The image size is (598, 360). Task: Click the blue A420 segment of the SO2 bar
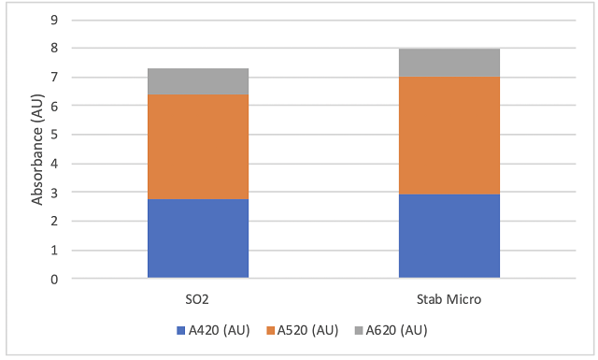click(198, 238)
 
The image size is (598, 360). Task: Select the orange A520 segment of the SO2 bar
click(198, 147)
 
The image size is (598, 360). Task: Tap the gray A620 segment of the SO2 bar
click(198, 81)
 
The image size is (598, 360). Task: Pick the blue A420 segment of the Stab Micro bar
click(449, 236)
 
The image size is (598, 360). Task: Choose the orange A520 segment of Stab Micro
click(449, 136)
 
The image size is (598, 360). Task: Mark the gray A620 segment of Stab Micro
click(449, 63)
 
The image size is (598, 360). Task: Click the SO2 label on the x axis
click(197, 299)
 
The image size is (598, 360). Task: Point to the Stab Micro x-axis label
click(448, 299)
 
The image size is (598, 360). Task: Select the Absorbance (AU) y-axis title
click(37, 150)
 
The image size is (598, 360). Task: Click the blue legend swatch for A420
click(180, 330)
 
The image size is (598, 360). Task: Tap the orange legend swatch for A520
click(270, 330)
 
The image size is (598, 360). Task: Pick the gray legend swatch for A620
click(359, 330)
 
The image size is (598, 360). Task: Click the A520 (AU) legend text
click(307, 330)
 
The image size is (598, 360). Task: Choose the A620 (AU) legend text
click(396, 330)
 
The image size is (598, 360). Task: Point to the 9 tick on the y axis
click(54, 20)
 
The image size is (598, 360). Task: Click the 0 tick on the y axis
click(54, 279)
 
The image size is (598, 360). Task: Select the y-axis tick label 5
click(54, 135)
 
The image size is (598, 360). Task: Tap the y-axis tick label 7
click(54, 77)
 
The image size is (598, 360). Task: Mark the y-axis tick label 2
click(54, 221)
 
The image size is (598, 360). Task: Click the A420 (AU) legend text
click(220, 330)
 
